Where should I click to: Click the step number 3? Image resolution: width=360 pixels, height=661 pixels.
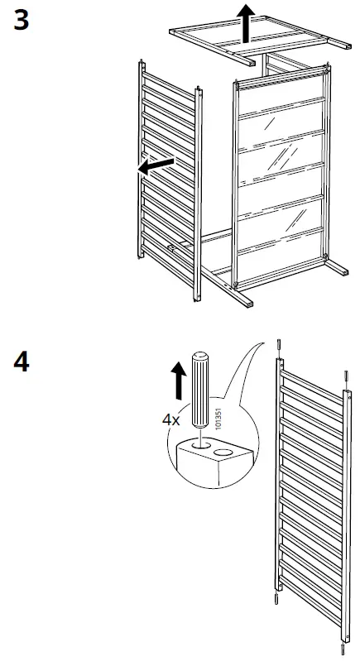coord(22,20)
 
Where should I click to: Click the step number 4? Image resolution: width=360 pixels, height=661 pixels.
coord(23,363)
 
